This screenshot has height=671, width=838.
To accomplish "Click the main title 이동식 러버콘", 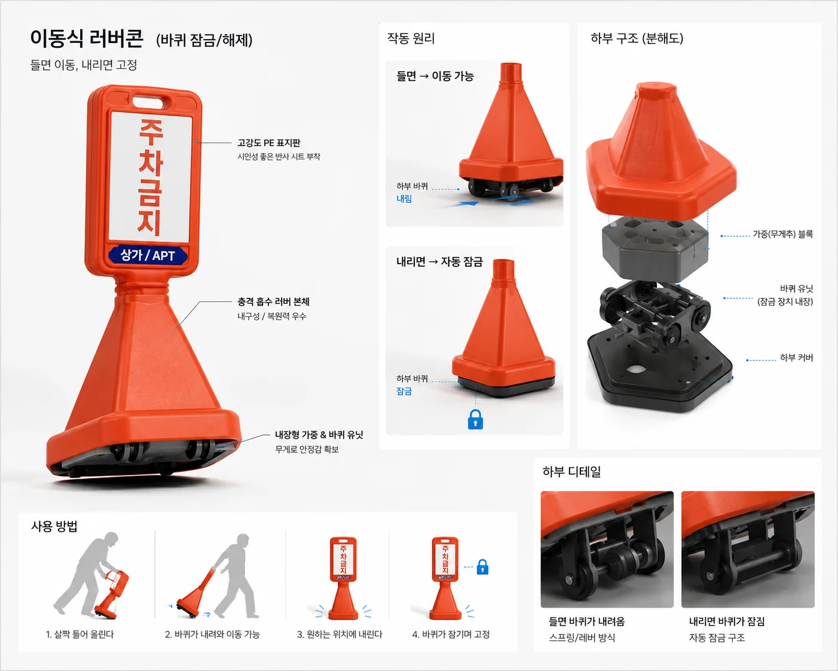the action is pos(87,39).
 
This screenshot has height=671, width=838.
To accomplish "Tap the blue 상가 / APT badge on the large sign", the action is pos(148,255).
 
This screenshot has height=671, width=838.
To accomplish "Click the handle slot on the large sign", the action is pos(148,102).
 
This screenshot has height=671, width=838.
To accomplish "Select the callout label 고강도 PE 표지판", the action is pos(269,143).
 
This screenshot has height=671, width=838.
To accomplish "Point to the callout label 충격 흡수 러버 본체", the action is pos(273,301).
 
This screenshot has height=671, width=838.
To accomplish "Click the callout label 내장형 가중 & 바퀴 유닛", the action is pos(319,435).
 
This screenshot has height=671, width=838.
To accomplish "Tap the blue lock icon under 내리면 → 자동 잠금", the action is pos(475,419).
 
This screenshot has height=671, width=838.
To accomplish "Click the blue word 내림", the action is pos(404,199).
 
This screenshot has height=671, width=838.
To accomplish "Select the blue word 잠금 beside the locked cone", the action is pos(404,391).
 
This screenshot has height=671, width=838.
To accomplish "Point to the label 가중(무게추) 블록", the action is pos(782,234).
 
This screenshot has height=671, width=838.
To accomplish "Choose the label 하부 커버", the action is pos(796,358).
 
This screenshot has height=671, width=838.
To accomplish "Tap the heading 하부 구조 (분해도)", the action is pos(637,38).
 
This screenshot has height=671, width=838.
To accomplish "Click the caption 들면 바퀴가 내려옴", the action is pos(586,621).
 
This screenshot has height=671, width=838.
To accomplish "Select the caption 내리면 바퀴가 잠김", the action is pos(727,621).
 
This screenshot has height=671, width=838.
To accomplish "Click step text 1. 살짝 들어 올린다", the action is pos(80,635).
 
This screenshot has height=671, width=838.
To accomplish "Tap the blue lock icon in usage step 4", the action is pos(482,567).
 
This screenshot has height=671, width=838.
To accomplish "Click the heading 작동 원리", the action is pos(411,38).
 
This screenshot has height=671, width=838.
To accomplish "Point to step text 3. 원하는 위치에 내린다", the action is pos(340,635).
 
